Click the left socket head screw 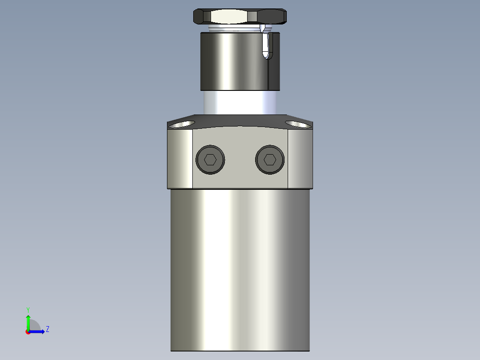pyautogui.click(x=210, y=160)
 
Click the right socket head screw pyautogui.click(x=270, y=160)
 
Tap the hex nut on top pyautogui.click(x=240, y=17)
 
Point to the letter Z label pyautogui.click(x=47, y=329)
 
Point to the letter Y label pyautogui.click(x=28, y=309)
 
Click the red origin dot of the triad pyautogui.click(x=28, y=332)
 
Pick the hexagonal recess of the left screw pyautogui.click(x=210, y=160)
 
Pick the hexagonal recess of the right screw pyautogui.click(x=270, y=160)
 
